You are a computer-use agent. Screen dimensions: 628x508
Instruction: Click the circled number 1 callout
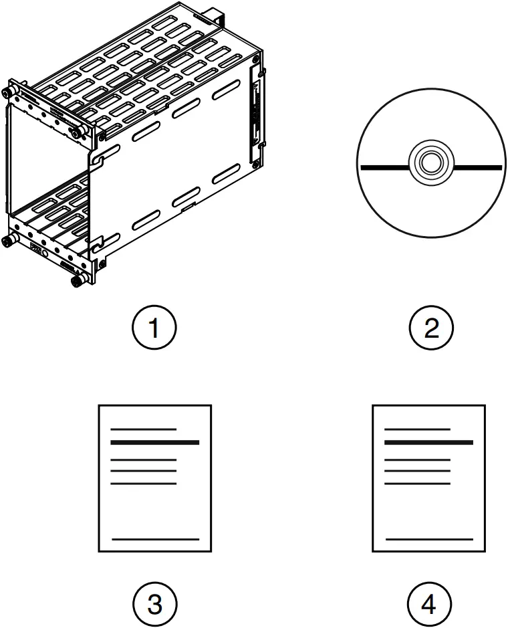pos(154,328)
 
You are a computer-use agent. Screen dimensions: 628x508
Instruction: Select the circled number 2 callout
pos(431,328)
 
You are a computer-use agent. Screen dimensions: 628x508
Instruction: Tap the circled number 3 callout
pos(154,605)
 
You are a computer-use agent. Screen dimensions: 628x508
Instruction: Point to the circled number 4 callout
pos(430,605)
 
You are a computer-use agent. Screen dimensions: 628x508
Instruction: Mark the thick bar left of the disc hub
pos(384,165)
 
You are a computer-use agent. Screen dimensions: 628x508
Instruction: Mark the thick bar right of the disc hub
pos(478,166)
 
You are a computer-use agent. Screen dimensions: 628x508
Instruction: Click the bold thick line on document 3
pos(154,443)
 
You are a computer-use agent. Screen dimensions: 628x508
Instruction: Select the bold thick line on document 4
pos(429,443)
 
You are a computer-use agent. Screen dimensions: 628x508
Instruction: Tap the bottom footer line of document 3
pos(155,538)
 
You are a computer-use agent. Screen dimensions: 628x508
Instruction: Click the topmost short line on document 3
pos(143,429)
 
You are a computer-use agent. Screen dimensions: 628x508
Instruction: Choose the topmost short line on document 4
pos(418,429)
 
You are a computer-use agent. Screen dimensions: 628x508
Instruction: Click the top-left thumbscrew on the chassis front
pos(9,92)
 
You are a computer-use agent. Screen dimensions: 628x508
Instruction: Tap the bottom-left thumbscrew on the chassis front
pos(9,239)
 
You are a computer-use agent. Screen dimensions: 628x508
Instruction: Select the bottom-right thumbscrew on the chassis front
pos(76,282)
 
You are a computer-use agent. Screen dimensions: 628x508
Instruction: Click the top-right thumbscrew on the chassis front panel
pos(79,133)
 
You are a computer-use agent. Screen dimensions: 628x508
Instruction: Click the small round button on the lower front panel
pos(45,253)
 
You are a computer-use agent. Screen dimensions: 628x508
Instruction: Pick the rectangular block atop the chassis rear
pos(216,14)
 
